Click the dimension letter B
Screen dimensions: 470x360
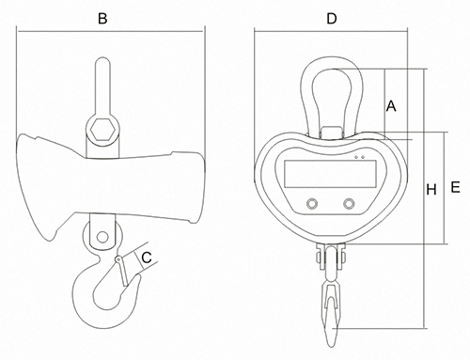point(102,19)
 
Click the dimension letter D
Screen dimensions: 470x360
point(332,19)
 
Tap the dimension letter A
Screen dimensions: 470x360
point(391,106)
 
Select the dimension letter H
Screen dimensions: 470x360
point(431,190)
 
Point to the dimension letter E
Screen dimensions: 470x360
point(455,187)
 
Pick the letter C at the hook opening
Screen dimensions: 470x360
point(147,258)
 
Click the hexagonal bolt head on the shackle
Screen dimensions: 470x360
point(102,130)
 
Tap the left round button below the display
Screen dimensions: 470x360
point(312,204)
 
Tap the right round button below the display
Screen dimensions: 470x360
point(349,204)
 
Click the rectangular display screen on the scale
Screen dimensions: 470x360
point(330,174)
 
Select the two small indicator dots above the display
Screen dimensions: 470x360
point(359,157)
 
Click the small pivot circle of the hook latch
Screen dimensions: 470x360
point(118,259)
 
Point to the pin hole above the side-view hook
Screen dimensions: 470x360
point(102,237)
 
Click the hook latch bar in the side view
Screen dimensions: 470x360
point(122,272)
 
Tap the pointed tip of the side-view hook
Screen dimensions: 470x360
point(138,275)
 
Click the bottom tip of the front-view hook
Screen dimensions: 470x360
point(331,346)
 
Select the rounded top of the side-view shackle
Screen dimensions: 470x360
point(102,61)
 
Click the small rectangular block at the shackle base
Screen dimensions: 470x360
point(331,132)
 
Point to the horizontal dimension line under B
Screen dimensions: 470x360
point(110,31)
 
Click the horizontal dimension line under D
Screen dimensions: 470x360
point(331,31)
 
